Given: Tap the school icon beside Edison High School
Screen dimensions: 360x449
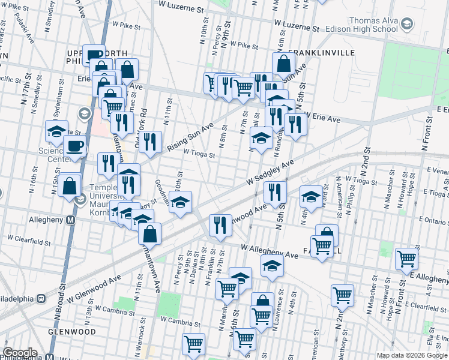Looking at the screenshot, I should pos(407,24).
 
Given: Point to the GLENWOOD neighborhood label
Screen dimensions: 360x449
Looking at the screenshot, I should pos(71,332).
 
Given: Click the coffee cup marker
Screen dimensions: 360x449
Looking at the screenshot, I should pos(75,146).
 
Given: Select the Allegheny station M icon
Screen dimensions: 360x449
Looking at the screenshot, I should pos(71,220).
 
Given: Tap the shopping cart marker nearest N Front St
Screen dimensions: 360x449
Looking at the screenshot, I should pos(407,259).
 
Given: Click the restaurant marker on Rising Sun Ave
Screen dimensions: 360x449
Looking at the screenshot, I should pos(150,142).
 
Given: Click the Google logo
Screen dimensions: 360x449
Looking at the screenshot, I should pos(20,353).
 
